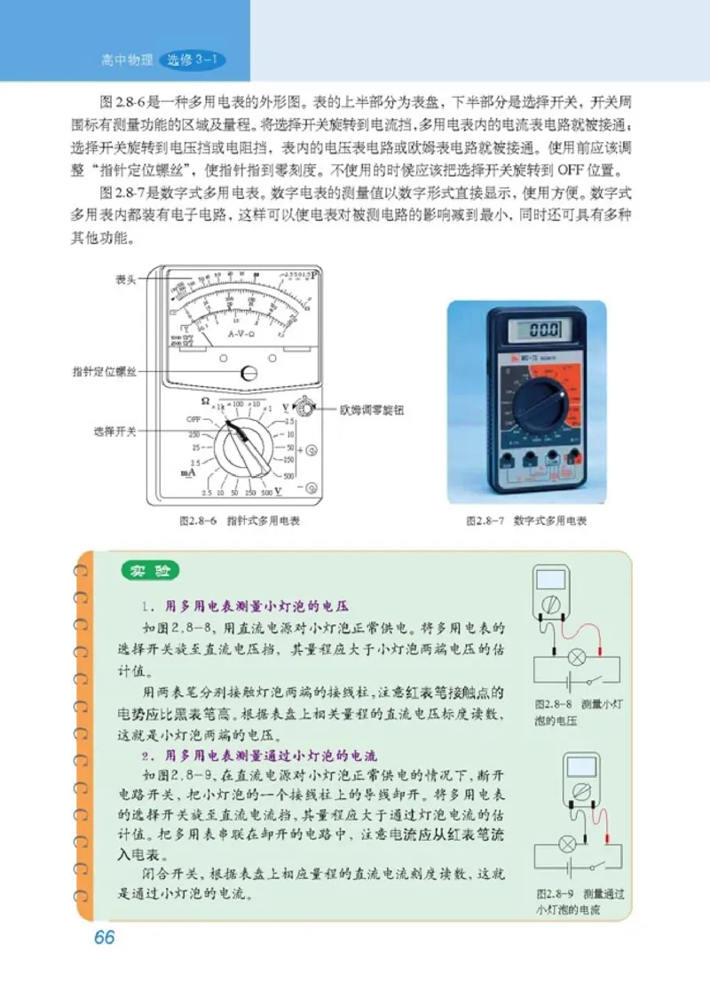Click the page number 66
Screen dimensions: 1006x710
pyautogui.click(x=104, y=938)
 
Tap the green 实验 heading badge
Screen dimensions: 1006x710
pyautogui.click(x=150, y=572)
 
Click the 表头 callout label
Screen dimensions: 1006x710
pyautogui.click(x=126, y=279)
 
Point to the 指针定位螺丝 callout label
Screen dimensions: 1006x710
pyautogui.click(x=105, y=372)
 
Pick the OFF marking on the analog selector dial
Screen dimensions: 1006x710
pyautogui.click(x=194, y=418)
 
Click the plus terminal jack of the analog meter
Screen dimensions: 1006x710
pyautogui.click(x=312, y=450)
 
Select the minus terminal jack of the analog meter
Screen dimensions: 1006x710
pyautogui.click(x=312, y=487)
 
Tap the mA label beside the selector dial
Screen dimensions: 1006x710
pyautogui.click(x=188, y=474)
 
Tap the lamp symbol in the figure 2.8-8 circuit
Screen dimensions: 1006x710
pyautogui.click(x=574, y=658)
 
